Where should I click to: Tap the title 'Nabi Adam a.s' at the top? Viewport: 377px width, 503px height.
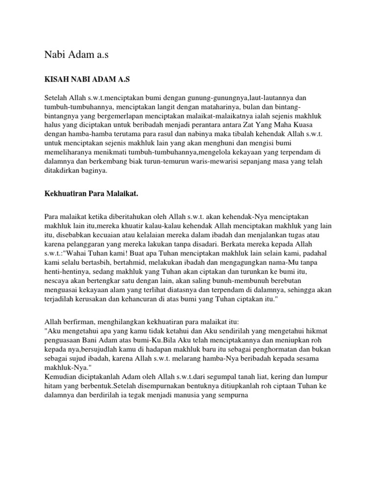pos(76,55)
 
